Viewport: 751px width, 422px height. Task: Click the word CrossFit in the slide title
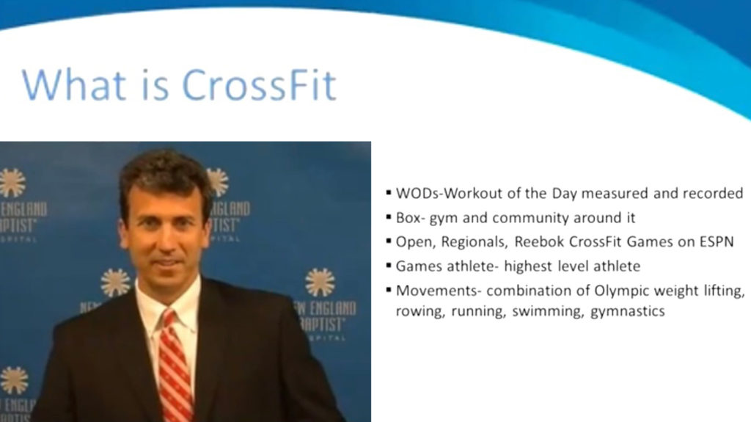(x=259, y=85)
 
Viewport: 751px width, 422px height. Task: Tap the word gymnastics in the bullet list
(x=628, y=312)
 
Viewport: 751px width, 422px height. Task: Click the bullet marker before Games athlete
(x=389, y=266)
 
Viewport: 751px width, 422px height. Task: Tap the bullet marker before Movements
(x=389, y=290)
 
